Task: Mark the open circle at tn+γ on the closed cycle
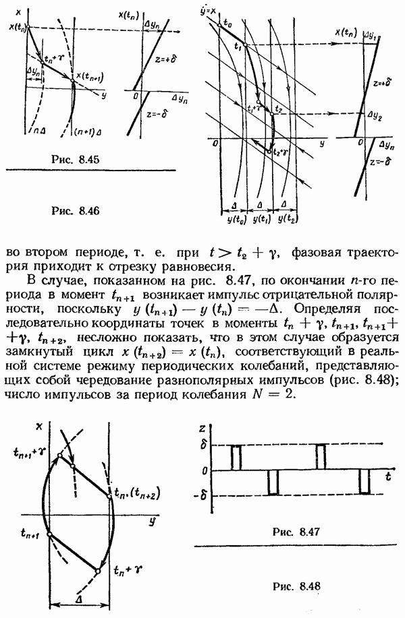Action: point(99,571)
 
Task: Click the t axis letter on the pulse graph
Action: point(390,477)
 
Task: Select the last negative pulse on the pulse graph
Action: point(364,482)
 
